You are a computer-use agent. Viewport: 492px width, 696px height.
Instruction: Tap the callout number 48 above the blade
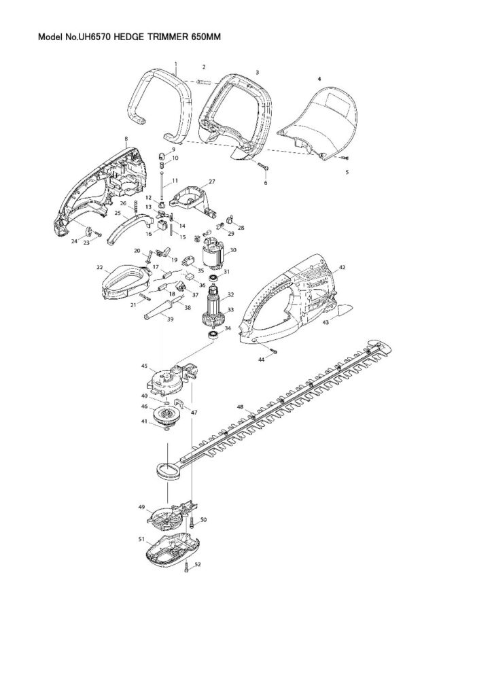pyautogui.click(x=240, y=406)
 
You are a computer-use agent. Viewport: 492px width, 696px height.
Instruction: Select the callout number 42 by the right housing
pyautogui.click(x=342, y=268)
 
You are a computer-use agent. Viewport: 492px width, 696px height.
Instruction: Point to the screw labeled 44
pyautogui.click(x=273, y=350)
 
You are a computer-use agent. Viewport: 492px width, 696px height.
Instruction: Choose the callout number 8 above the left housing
pyautogui.click(x=126, y=139)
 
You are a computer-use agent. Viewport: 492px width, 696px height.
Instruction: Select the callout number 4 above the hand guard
pyautogui.click(x=319, y=79)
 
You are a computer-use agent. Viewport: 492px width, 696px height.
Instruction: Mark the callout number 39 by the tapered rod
pyautogui.click(x=170, y=319)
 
